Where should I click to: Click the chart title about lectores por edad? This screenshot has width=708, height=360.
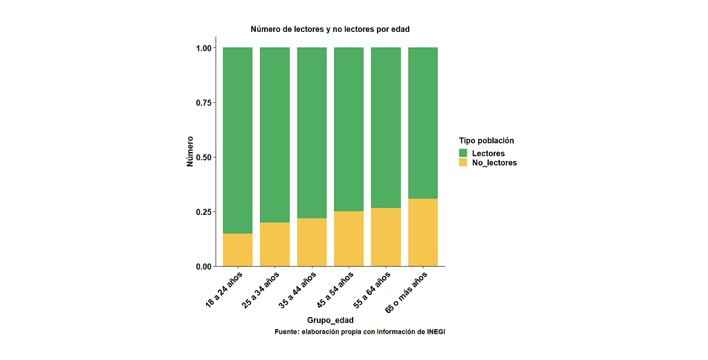coord(335,29)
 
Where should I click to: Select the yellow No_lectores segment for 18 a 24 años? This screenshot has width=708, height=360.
coord(237,249)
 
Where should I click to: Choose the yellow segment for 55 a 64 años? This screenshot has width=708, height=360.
coord(386,236)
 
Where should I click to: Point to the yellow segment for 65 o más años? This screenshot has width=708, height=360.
coord(423,232)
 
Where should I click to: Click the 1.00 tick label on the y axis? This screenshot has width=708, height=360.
coord(205,48)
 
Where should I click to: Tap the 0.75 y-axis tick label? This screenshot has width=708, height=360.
coord(205,102)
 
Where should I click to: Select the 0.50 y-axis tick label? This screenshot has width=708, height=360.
coord(205,157)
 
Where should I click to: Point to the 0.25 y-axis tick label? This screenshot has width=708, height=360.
coord(205,211)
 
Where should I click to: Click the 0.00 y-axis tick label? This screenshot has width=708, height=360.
coord(205,266)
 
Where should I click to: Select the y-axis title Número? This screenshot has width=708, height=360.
coord(190,151)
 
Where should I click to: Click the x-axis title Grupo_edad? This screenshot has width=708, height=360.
coord(330,319)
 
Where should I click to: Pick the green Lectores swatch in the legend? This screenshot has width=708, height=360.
coord(464,153)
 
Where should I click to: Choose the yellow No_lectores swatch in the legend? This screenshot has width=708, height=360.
coord(464,162)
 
